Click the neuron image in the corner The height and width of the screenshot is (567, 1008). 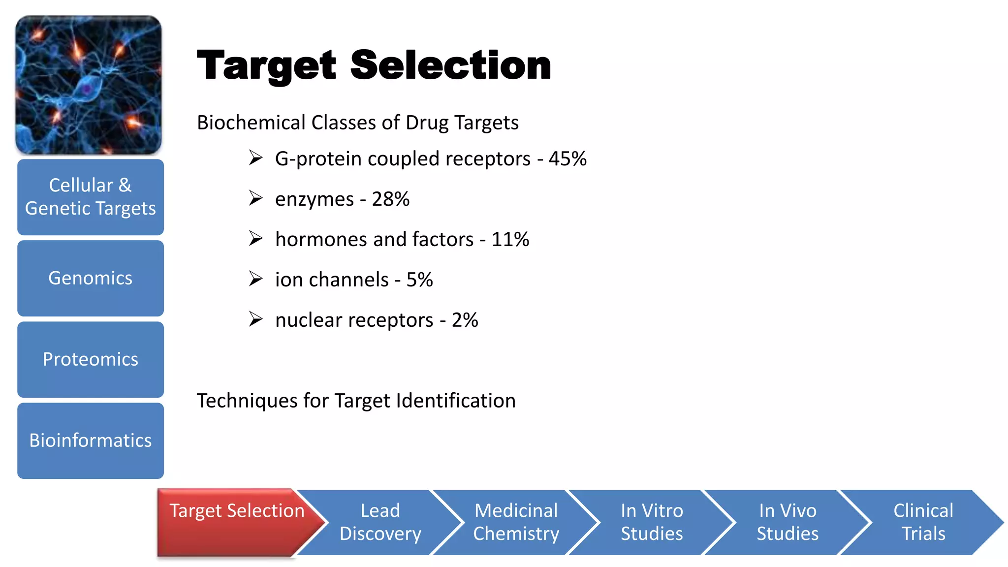click(x=89, y=85)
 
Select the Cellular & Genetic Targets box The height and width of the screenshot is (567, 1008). click(x=91, y=197)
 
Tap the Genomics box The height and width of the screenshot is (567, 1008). click(x=91, y=278)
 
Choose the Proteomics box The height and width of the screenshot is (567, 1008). click(x=91, y=359)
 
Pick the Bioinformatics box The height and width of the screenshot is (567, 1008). click(x=91, y=441)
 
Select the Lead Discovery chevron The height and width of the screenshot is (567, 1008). click(x=380, y=522)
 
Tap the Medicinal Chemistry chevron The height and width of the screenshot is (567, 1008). click(x=516, y=522)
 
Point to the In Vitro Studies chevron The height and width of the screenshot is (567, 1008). click(x=652, y=522)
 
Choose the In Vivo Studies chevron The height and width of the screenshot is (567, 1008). click(x=787, y=522)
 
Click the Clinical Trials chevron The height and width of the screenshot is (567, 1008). click(x=923, y=522)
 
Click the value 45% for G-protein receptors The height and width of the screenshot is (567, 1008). click(x=567, y=159)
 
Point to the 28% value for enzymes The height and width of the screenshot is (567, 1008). click(x=390, y=199)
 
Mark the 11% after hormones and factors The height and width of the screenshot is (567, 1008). click(x=510, y=240)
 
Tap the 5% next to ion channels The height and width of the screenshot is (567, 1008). click(x=419, y=280)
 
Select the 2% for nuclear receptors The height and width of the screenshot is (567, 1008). click(x=465, y=320)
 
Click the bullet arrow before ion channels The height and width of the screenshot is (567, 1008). click(x=255, y=279)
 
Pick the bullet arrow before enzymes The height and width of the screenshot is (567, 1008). click(x=255, y=198)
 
